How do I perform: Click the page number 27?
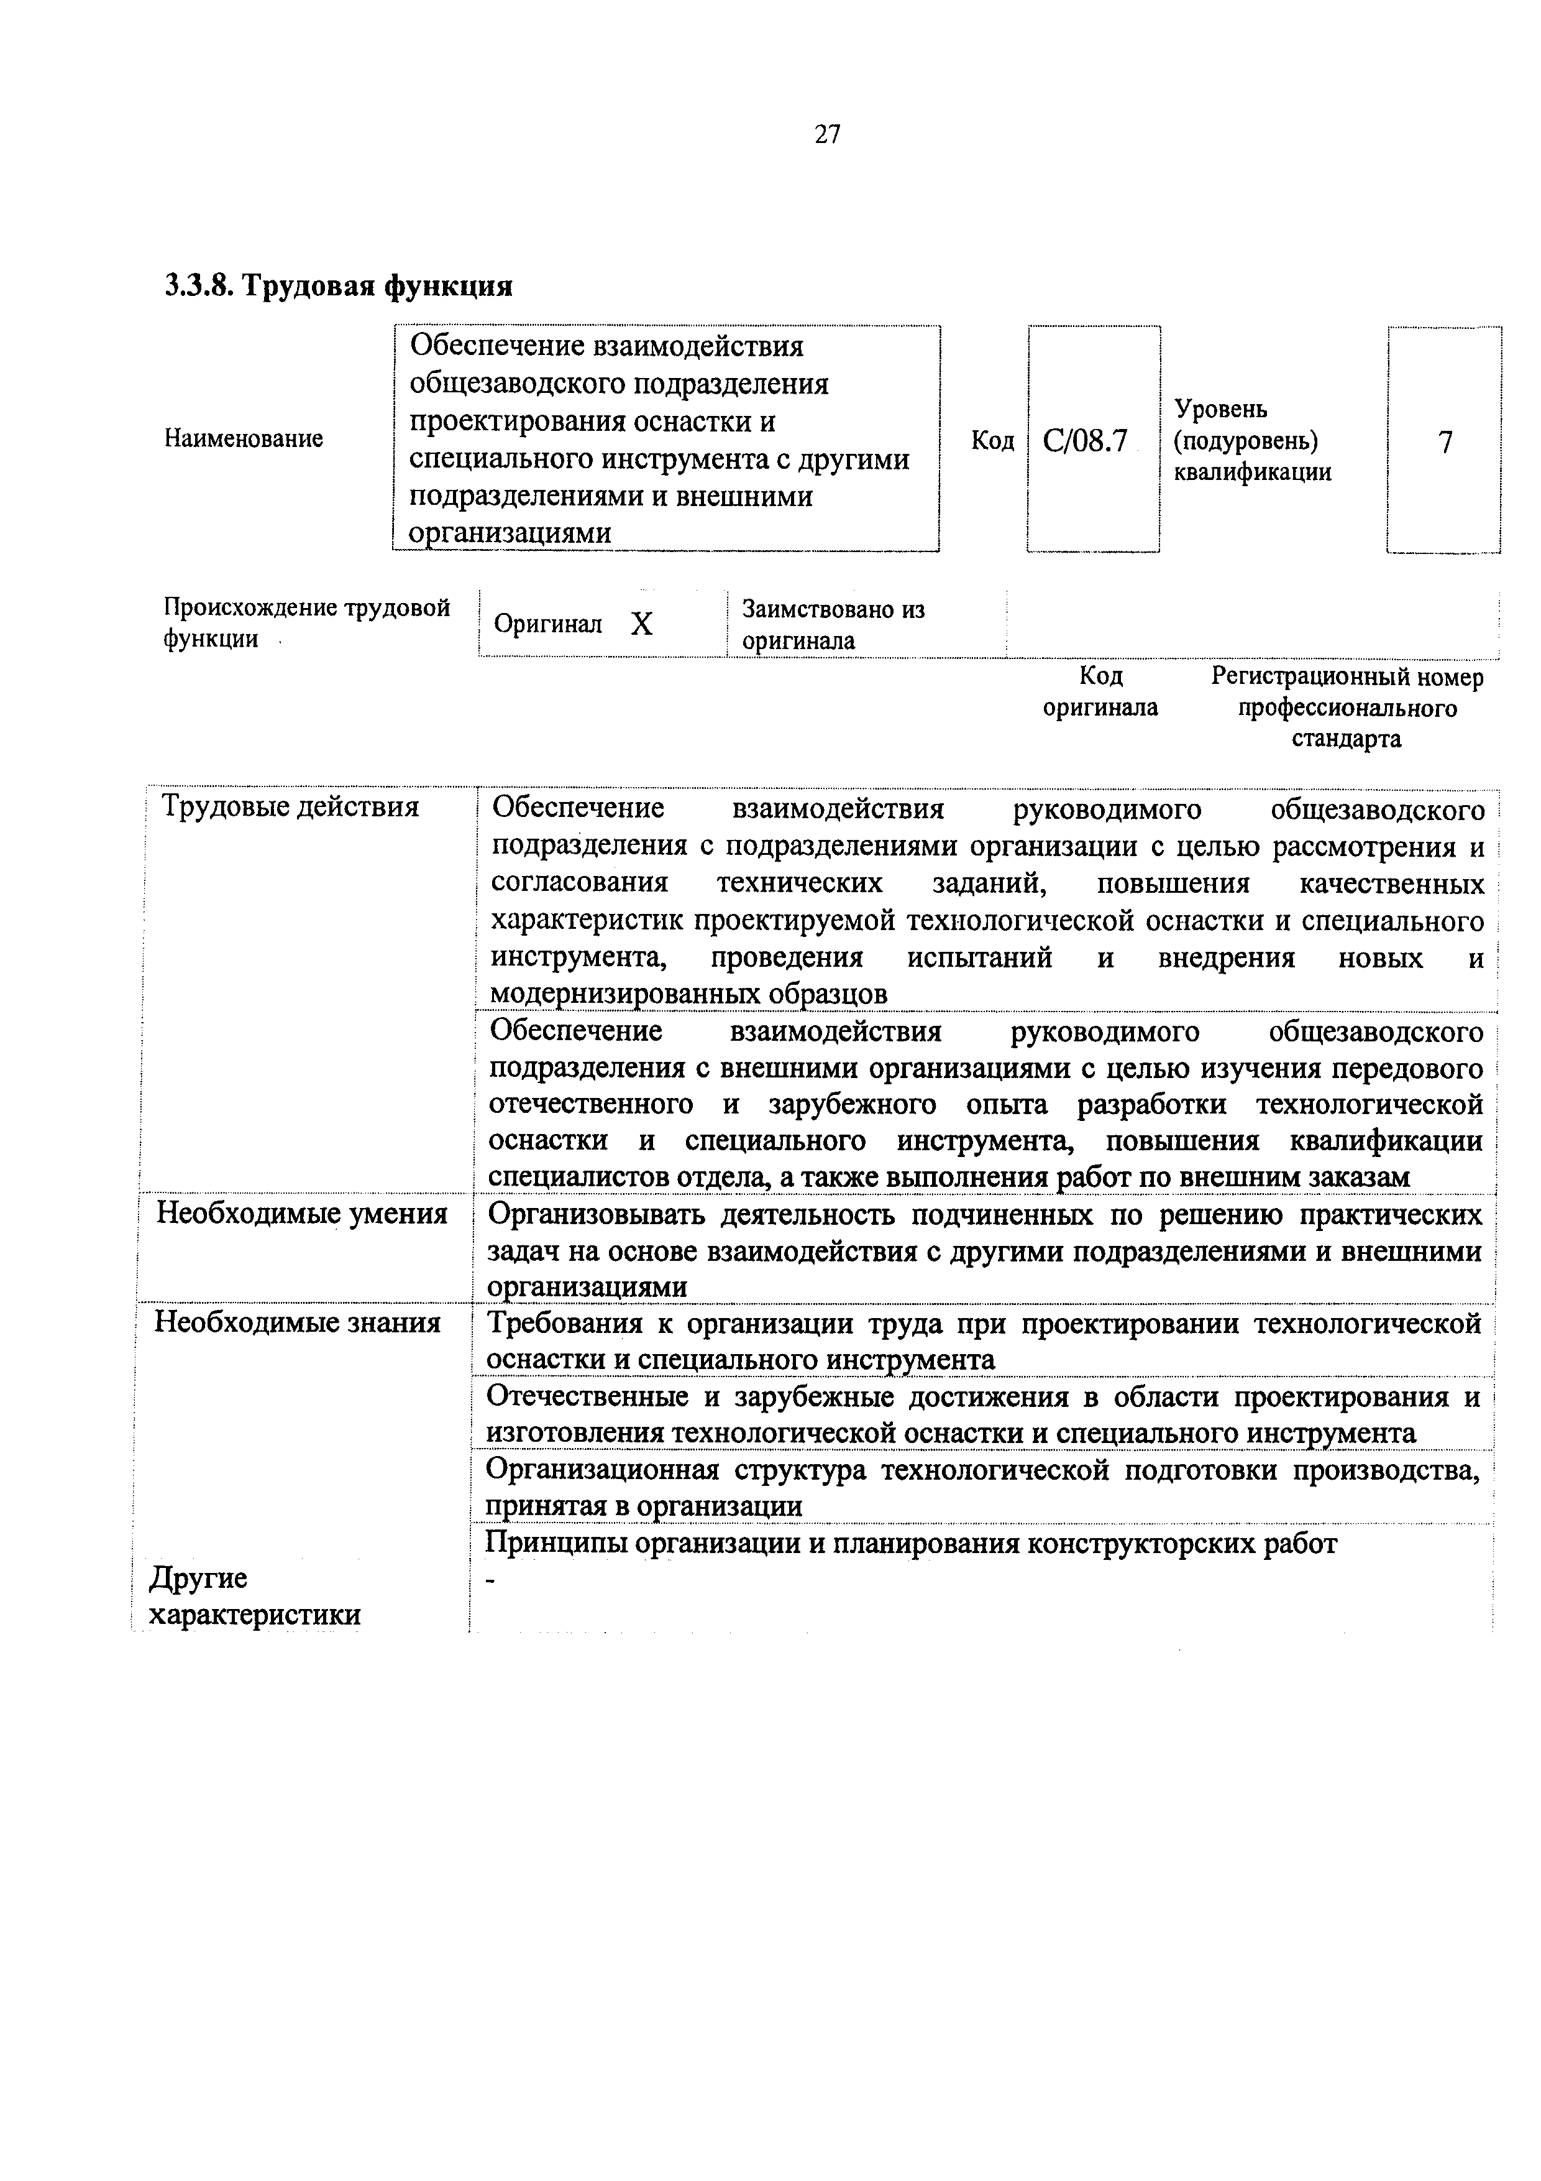(827, 135)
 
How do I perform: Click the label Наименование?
(244, 439)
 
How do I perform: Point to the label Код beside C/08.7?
(992, 441)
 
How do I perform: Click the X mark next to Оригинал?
(642, 624)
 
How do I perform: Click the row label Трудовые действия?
(291, 806)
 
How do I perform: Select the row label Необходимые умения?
(302, 1213)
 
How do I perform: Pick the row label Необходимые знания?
(297, 1322)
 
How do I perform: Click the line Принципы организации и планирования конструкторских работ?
(910, 1544)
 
